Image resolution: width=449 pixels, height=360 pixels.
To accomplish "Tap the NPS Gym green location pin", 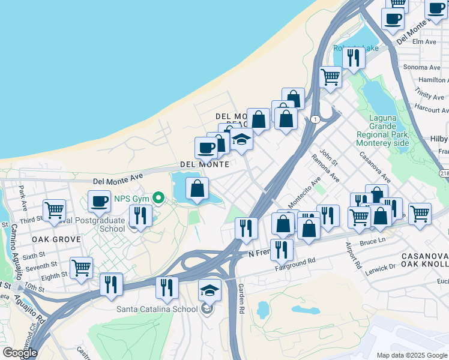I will coord(159,197).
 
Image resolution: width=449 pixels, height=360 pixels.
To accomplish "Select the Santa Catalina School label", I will coord(157,310).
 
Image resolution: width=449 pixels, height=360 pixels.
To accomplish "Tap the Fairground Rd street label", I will coord(295,262).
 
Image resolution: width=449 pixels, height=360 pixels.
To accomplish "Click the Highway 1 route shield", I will coord(315,119).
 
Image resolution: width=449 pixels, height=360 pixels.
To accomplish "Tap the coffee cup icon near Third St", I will coord(100,202).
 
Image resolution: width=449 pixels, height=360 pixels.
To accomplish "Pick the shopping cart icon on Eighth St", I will coord(81,268).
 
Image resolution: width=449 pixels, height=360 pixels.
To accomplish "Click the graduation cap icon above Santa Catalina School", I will coord(209,290).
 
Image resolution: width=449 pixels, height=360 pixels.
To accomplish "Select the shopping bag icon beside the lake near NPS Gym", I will coord(197,189).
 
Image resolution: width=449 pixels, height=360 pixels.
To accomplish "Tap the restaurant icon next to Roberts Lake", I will coord(354,58).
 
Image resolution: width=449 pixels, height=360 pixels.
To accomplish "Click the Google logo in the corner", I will coord(19,353).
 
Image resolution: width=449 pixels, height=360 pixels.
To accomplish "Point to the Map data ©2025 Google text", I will coord(412,355).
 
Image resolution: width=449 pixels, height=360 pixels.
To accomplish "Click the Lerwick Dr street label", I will coord(380,269).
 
